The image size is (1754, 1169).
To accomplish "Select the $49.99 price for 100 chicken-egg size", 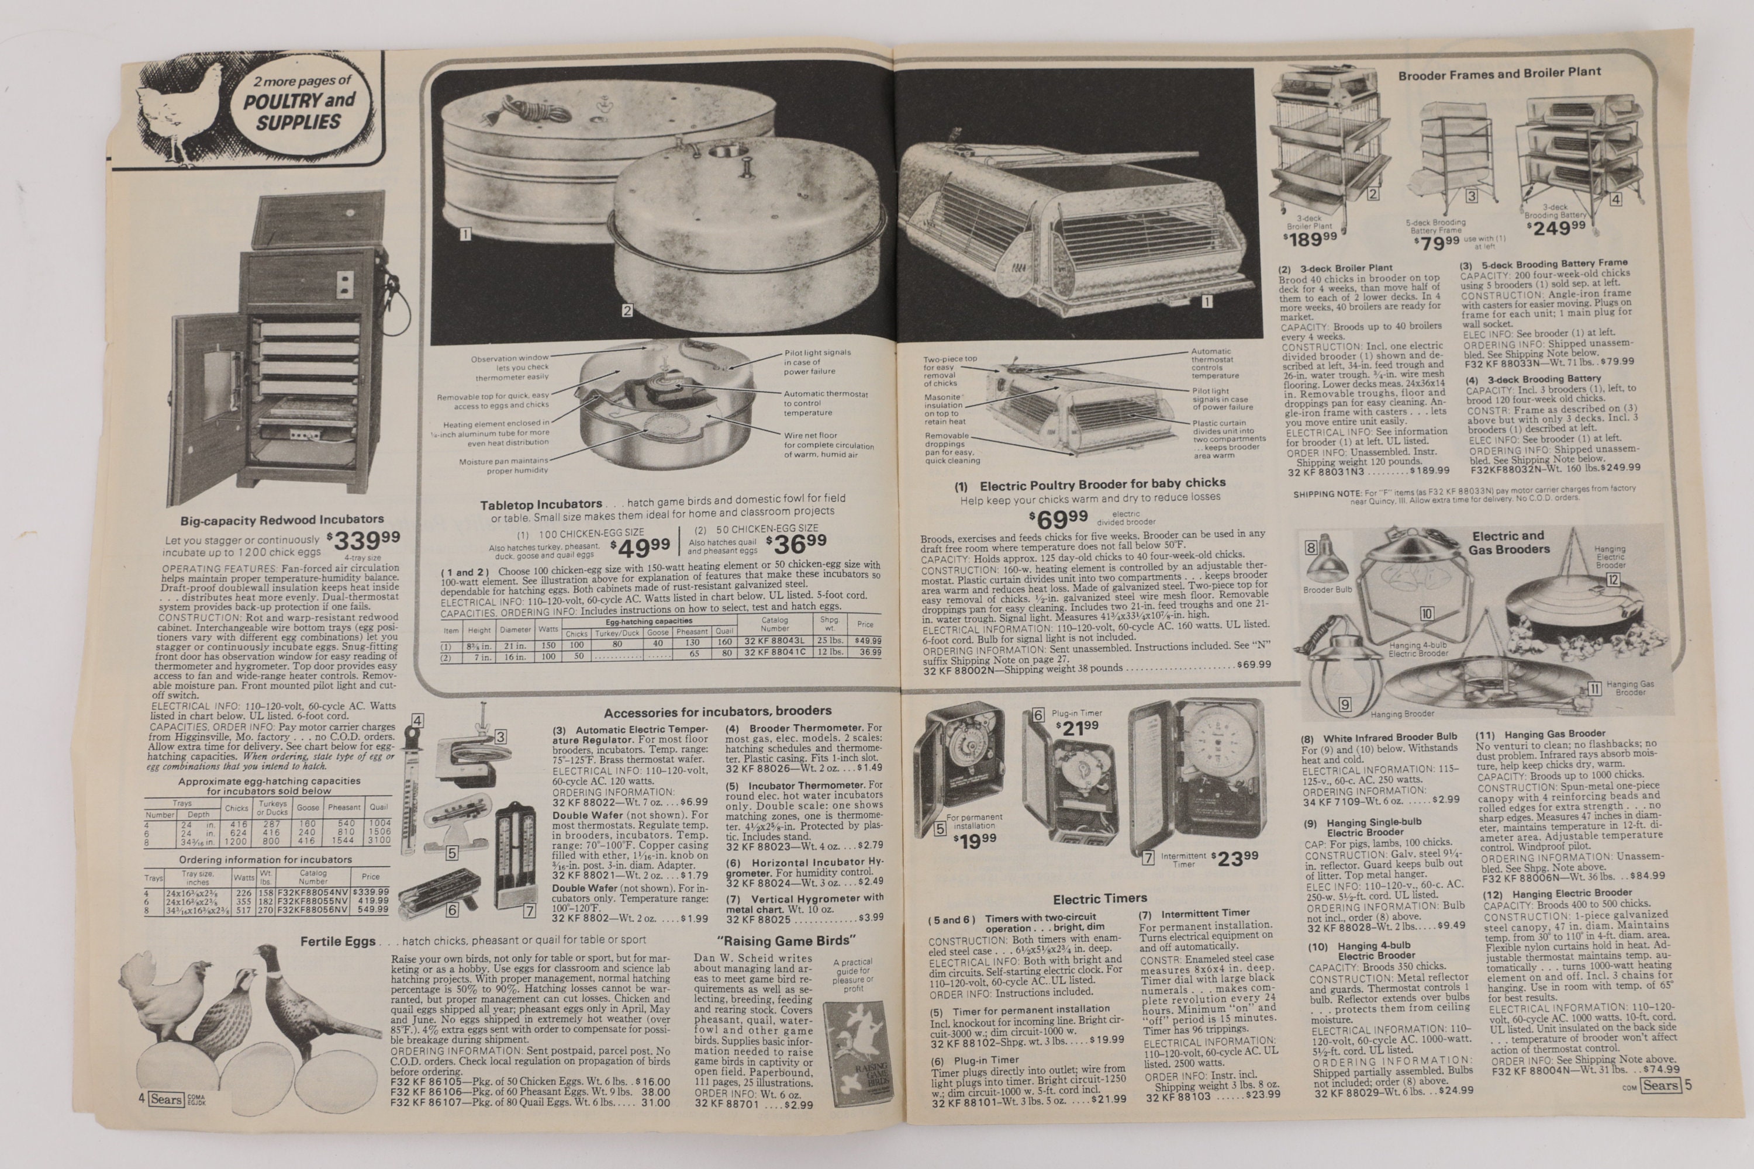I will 639,548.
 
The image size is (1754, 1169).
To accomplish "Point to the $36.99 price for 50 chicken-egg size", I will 796,543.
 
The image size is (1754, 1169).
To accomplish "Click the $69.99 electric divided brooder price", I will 1058,517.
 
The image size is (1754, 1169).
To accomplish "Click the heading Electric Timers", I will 1099,898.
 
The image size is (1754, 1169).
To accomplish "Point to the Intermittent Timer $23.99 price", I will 1234,858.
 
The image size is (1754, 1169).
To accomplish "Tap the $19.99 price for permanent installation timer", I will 975,842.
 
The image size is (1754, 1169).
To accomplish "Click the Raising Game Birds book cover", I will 859,1053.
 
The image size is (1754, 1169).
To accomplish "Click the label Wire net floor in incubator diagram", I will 810,435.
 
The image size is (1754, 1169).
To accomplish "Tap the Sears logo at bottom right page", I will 1660,1085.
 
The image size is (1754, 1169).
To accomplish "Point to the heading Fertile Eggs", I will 337,942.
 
